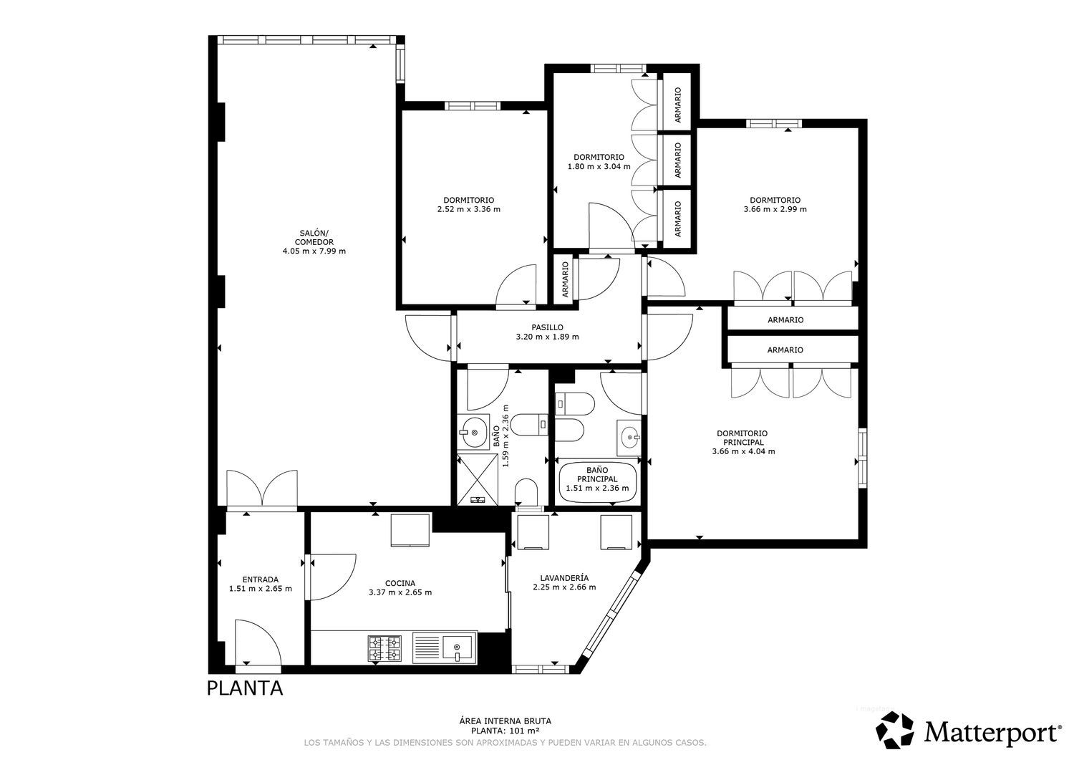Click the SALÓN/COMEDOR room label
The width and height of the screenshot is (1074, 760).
pos(314,238)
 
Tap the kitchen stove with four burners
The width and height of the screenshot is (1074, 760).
pos(384,648)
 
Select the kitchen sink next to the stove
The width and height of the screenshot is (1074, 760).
pos(444,648)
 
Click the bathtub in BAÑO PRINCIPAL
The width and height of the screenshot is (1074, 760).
pos(597,482)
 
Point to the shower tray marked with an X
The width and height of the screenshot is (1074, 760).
pos(478,479)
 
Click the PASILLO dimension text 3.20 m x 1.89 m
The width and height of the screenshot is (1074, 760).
pos(547,337)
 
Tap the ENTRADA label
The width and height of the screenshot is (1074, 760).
pos(261,579)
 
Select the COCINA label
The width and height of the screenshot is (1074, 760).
pos(400,583)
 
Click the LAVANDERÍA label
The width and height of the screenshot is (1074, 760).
pos(564,577)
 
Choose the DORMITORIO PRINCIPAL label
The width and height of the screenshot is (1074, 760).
pos(743,438)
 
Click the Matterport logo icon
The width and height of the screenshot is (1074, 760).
pos(895,730)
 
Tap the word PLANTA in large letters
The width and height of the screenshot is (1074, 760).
pos(245,688)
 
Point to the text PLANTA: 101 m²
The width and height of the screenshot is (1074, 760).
pos(505,731)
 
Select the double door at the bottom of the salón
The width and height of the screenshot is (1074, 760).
pos(262,489)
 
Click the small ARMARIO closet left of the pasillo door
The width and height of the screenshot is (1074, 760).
pos(566,279)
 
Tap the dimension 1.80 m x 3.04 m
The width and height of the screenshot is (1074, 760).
pos(599,166)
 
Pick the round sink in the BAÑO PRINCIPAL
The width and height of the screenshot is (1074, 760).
pos(629,437)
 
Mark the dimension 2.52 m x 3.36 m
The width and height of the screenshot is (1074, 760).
pos(468,209)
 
